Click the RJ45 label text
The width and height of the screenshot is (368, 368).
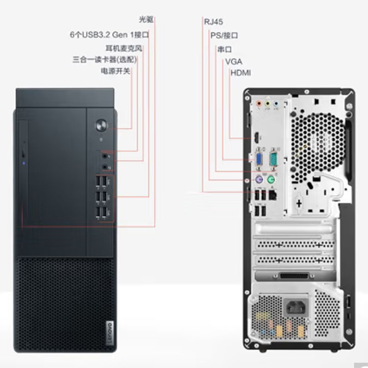(x=213, y=22)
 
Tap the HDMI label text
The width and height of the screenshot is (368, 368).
(x=241, y=73)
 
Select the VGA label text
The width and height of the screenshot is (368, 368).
(x=234, y=62)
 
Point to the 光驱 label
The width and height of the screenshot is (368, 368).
(x=146, y=20)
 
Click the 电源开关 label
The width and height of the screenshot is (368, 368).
(x=115, y=71)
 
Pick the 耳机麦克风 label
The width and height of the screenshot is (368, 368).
(x=124, y=48)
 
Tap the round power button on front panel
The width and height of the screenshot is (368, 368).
(x=102, y=125)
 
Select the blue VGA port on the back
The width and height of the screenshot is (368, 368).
(x=259, y=159)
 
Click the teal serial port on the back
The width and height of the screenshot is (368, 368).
(x=273, y=159)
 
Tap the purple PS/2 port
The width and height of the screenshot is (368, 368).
(x=259, y=180)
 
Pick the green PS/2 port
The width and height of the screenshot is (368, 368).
(x=271, y=180)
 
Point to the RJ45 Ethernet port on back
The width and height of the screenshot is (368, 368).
(x=272, y=195)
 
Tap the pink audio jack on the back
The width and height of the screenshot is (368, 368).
(x=259, y=103)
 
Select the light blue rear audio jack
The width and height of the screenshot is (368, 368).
(x=276, y=103)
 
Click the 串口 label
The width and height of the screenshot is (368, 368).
(x=224, y=50)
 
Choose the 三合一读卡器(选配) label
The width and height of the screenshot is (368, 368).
(x=104, y=60)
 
